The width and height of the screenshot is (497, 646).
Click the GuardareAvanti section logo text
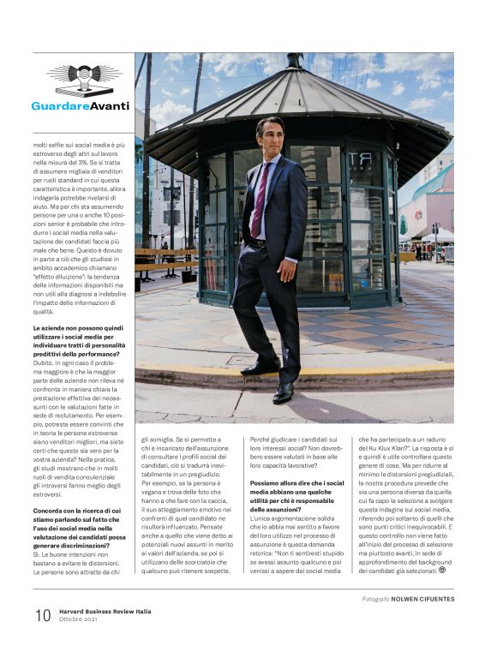pyautogui.click(x=80, y=106)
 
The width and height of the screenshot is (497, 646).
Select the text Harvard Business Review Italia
pyautogui.click(x=108, y=608)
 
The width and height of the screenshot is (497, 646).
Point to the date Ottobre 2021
pyautogui.click(x=82, y=619)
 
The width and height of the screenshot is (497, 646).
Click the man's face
pyautogui.click(x=270, y=137)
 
